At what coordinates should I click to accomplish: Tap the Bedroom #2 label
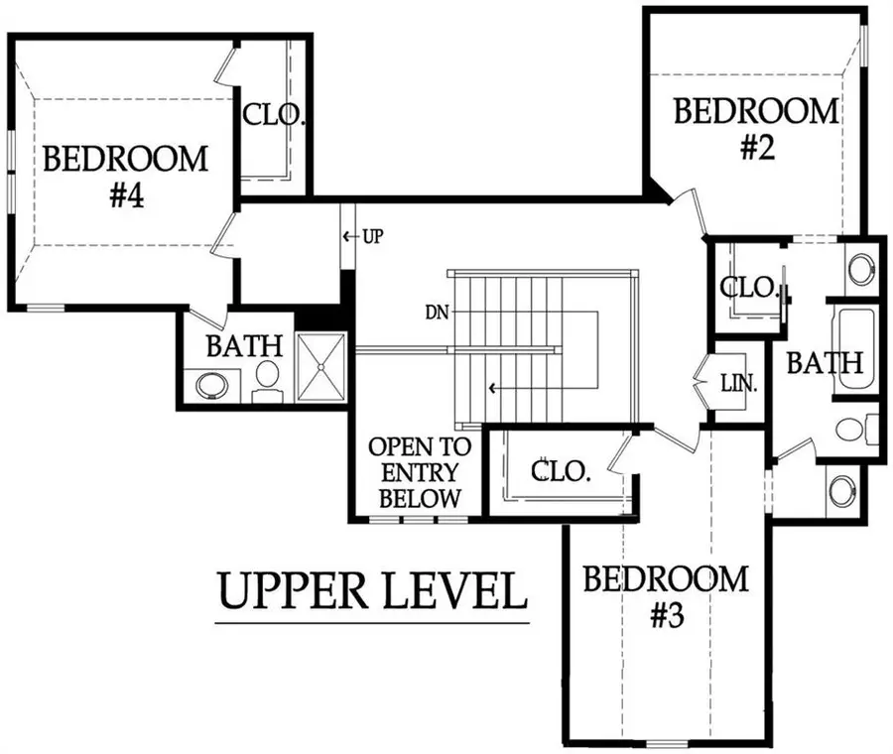tap(756, 129)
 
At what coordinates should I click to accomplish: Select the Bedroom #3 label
tap(666, 597)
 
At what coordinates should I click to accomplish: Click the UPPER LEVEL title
tap(372, 591)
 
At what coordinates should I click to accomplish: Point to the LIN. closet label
tap(739, 384)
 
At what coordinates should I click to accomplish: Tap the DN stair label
tap(437, 313)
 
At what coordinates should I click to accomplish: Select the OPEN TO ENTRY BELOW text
tap(420, 472)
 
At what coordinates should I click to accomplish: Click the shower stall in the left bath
tap(321, 367)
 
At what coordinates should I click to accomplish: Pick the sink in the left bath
tap(212, 386)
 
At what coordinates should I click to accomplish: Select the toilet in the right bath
tap(856, 430)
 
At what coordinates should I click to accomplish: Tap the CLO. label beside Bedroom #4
tap(274, 115)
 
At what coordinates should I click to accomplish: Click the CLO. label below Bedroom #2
tap(748, 288)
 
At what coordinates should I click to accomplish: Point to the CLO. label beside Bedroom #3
tap(561, 471)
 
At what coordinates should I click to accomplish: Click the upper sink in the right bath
tap(860, 267)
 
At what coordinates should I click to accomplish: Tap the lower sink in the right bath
tap(842, 490)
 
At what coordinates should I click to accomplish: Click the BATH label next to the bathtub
tap(825, 363)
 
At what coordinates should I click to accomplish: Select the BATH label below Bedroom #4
tap(244, 345)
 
